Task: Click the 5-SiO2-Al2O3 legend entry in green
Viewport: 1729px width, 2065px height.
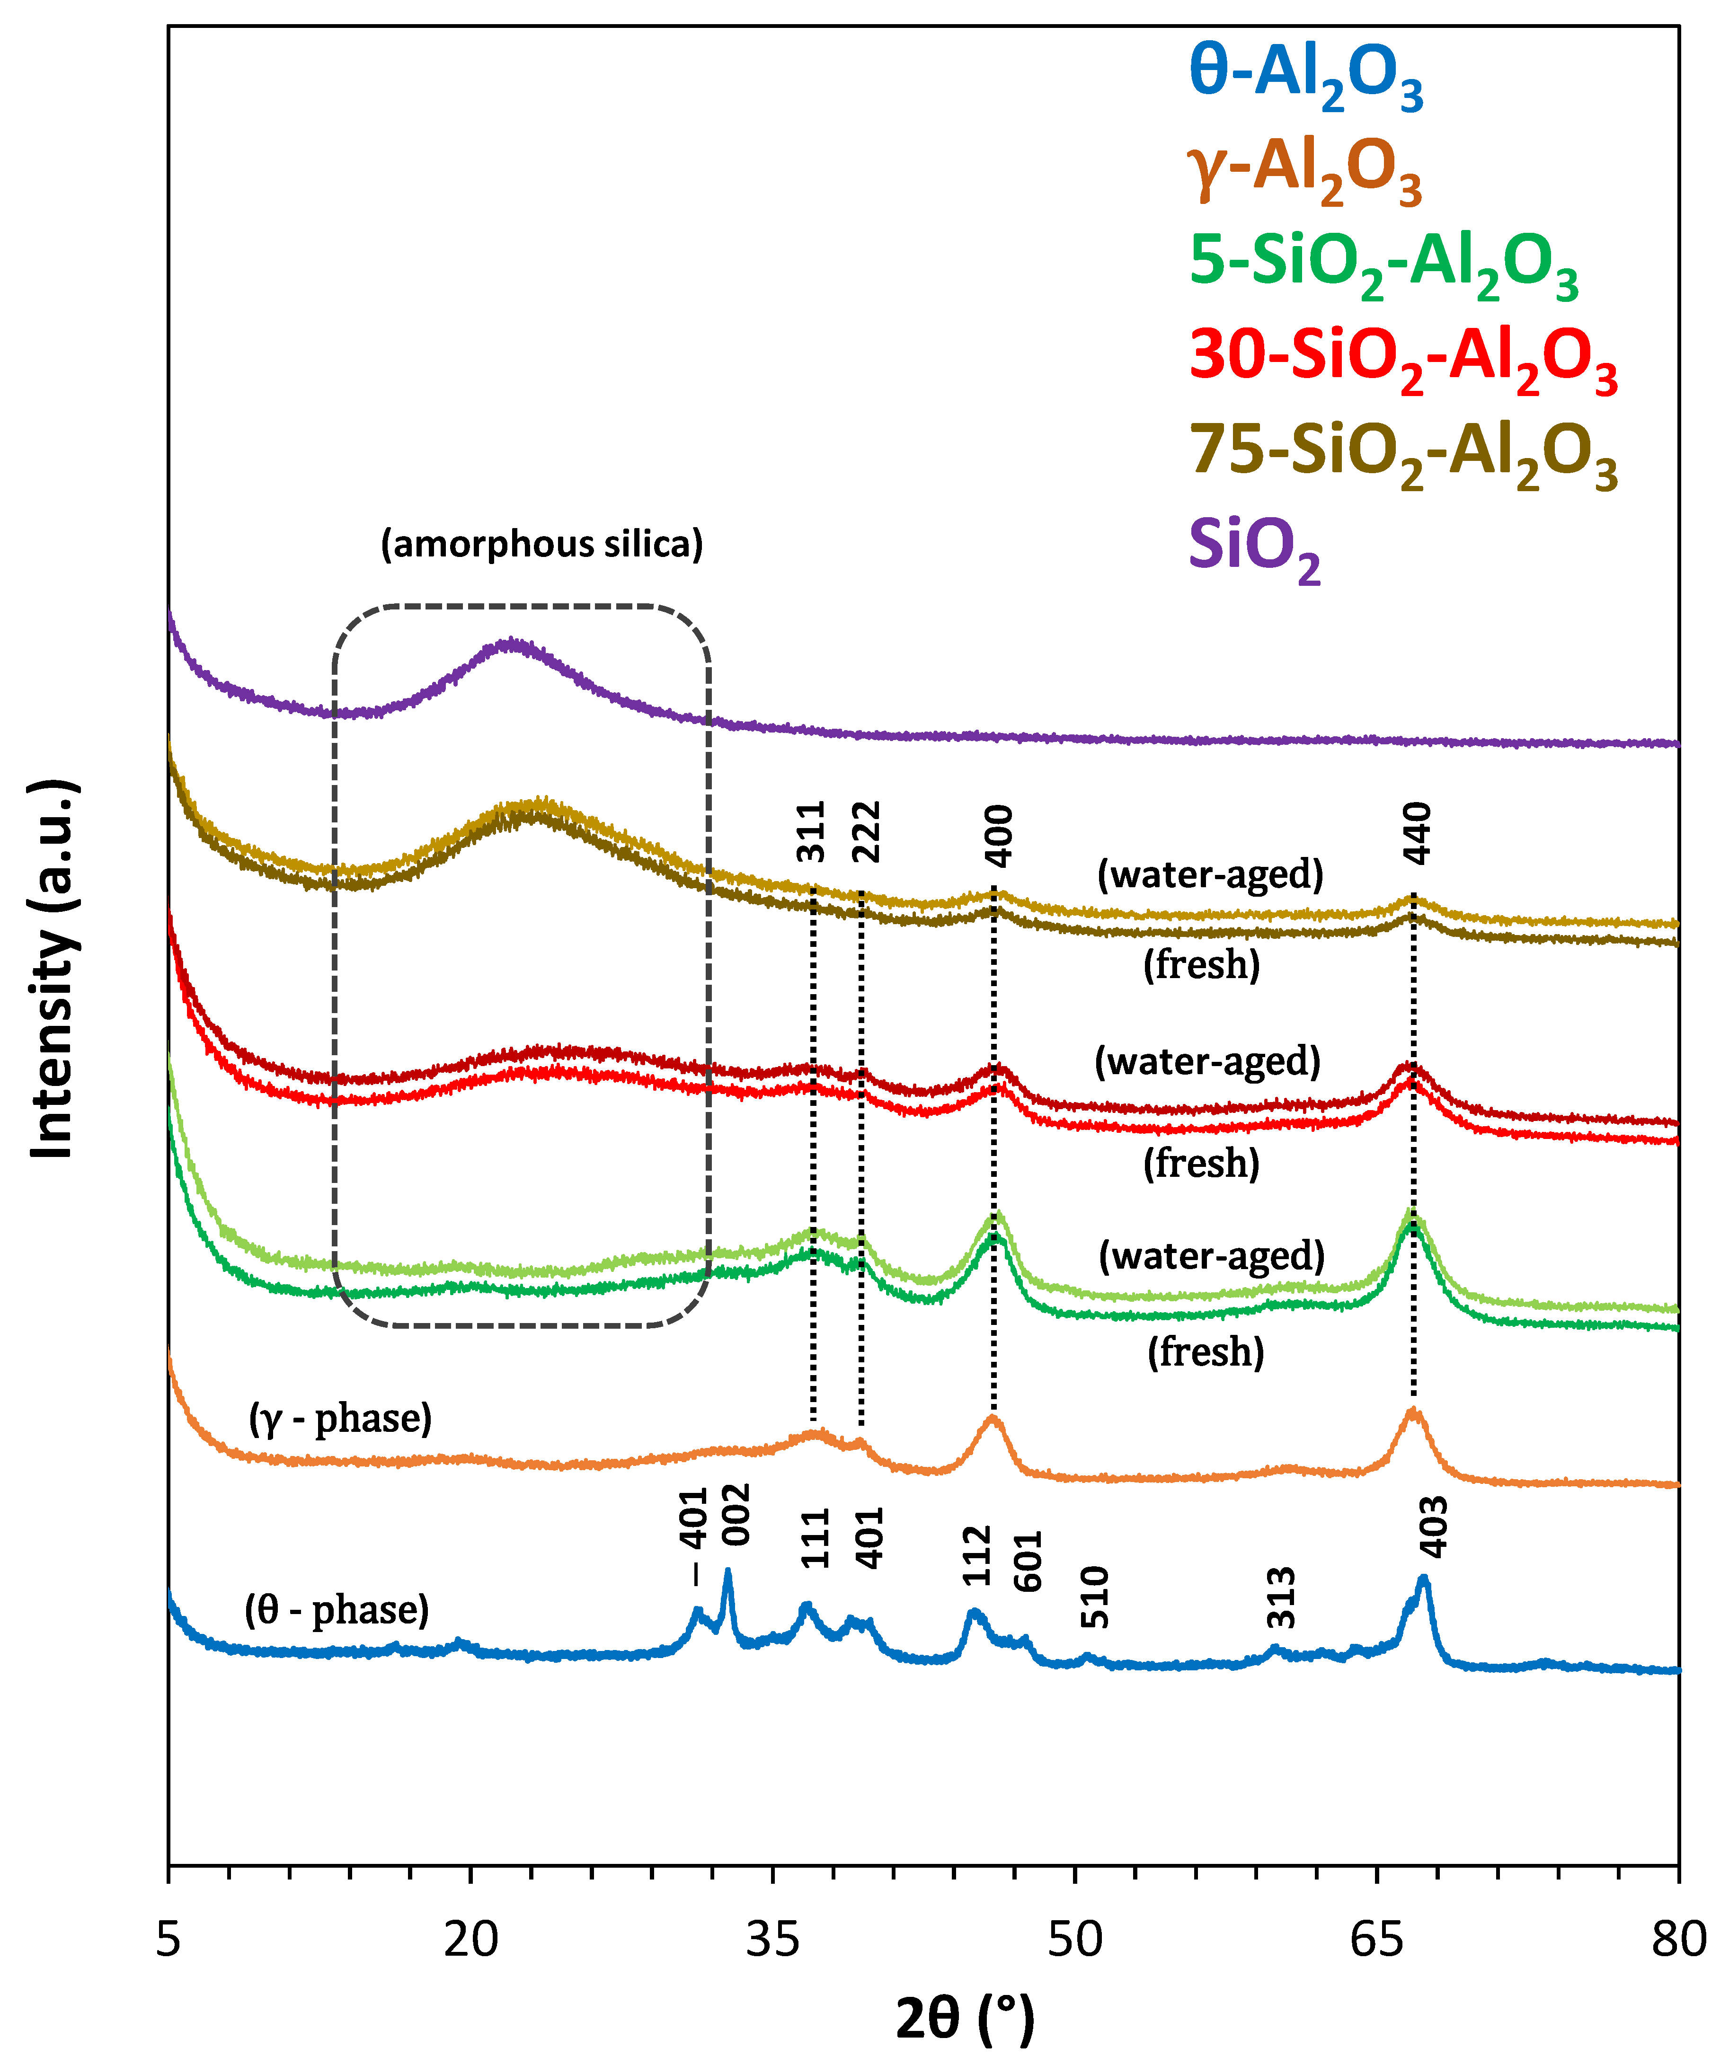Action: (x=1383, y=265)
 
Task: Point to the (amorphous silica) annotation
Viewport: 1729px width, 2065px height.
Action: (x=542, y=544)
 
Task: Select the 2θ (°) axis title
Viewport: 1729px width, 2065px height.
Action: (x=965, y=2020)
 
